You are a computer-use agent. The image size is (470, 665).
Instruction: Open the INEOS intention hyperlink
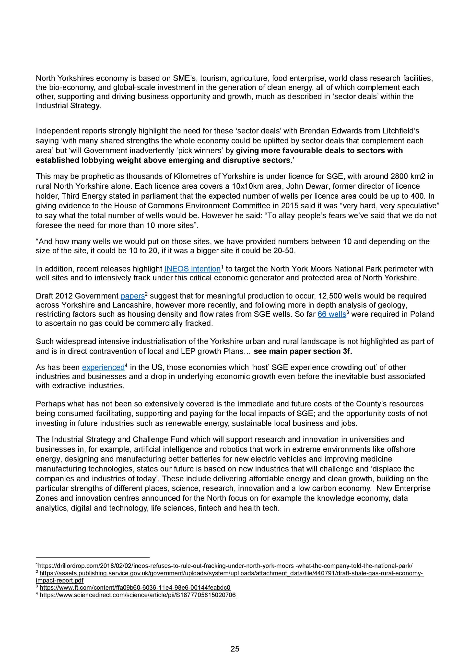[192, 269]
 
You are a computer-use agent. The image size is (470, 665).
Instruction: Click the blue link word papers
[132, 296]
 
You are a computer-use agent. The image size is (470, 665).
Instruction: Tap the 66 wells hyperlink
[332, 314]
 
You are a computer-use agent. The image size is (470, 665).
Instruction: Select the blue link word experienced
[103, 368]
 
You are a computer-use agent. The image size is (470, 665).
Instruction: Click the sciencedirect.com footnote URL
[138, 595]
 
